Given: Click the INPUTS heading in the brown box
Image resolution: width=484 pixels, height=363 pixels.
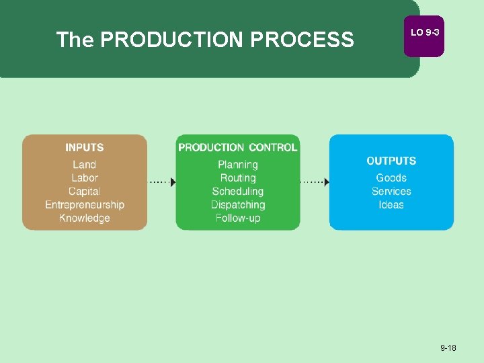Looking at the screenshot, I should (85, 148).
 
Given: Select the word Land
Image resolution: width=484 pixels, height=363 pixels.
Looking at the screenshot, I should (85, 165).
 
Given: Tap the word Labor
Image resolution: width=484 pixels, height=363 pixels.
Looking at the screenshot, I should (85, 178).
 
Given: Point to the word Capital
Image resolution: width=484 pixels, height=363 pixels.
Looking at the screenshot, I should (85, 192).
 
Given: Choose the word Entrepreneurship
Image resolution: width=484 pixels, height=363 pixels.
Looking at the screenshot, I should (85, 205).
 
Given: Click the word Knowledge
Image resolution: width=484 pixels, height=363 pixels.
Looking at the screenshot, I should (85, 218).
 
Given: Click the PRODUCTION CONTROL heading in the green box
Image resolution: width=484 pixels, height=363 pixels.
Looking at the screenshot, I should (237, 148).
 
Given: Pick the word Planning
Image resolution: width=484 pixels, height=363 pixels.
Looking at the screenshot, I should (238, 165).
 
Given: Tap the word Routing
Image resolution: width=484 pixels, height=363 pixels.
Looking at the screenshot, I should (238, 178).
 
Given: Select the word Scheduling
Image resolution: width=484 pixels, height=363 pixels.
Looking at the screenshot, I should (238, 192).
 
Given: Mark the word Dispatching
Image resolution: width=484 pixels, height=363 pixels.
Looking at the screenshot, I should (238, 205).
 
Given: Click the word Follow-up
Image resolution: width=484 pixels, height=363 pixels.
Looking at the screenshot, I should (238, 218).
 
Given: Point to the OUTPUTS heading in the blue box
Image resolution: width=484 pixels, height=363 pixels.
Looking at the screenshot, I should (391, 161).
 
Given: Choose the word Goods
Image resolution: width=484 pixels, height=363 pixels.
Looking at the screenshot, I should (391, 178).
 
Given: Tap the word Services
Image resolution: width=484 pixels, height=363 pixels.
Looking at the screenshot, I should (391, 192).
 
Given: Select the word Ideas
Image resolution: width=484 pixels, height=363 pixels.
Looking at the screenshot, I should (391, 205).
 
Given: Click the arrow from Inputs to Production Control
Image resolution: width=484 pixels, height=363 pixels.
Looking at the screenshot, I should (162, 182).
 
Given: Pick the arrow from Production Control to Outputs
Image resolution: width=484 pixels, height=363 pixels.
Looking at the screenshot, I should (315, 182).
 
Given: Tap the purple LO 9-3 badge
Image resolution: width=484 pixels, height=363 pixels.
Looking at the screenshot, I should (424, 34).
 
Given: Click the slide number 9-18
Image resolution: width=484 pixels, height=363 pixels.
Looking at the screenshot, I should (448, 348).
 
